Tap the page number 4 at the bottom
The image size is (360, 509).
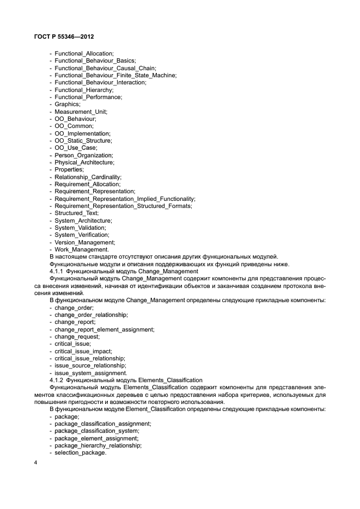35,463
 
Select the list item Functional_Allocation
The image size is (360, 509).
84,53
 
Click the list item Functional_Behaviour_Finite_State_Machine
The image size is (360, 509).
115,75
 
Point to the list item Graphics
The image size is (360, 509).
68,104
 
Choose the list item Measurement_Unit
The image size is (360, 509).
81,112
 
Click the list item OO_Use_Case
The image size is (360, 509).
76,148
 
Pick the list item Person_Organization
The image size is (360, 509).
83,155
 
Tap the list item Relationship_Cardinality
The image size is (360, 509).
88,177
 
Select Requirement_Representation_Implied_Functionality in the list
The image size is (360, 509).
125,199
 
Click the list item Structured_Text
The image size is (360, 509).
76,213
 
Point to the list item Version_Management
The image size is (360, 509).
84,242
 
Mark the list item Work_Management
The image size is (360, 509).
82,250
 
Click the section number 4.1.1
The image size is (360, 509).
57,271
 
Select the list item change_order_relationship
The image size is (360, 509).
91,315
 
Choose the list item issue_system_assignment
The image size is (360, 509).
90,373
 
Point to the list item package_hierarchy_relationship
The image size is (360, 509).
98,445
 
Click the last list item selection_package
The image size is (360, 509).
80,453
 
